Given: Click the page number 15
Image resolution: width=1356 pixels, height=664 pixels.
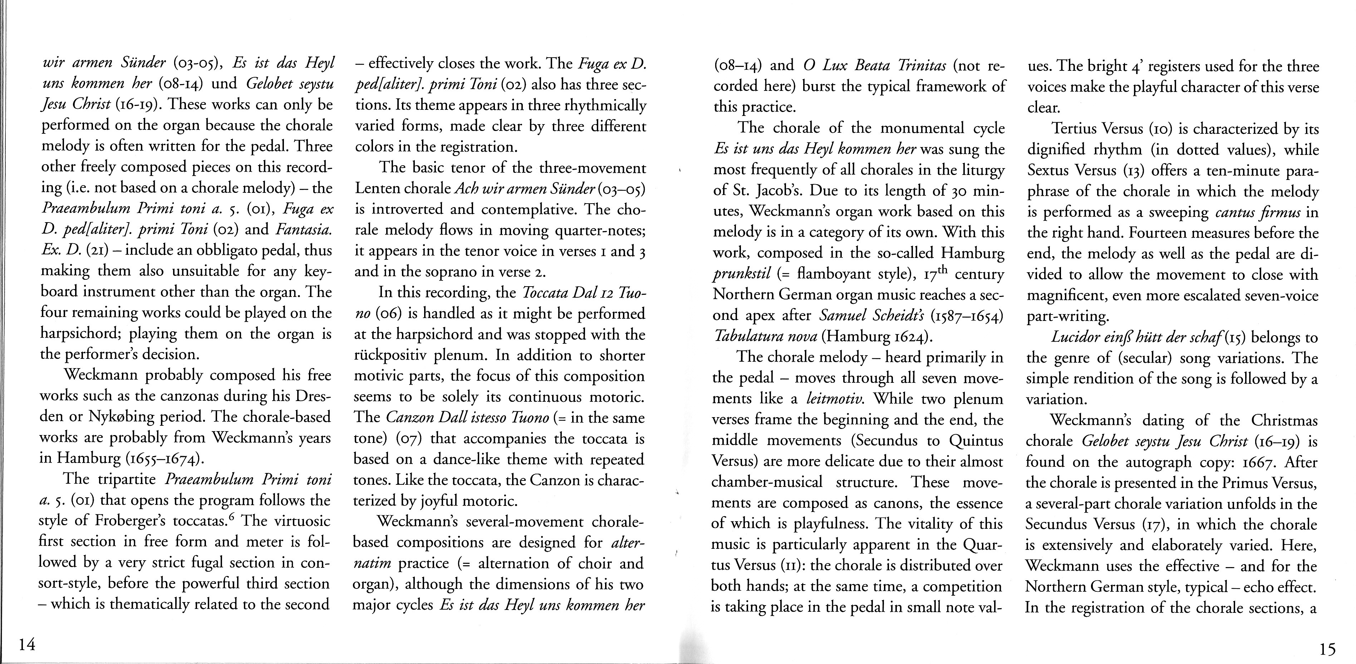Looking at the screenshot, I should tap(1328, 650).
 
